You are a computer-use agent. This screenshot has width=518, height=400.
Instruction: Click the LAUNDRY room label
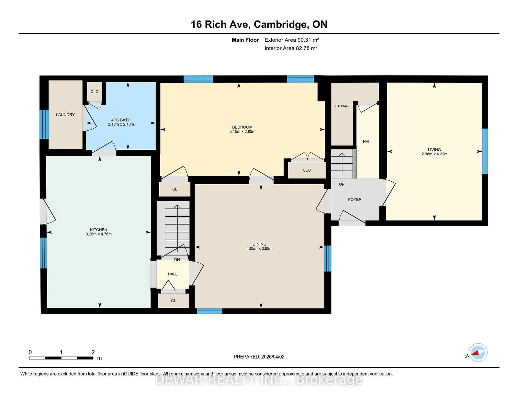pyautogui.click(x=65, y=114)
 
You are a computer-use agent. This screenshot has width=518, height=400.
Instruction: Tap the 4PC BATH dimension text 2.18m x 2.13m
pyautogui.click(x=121, y=124)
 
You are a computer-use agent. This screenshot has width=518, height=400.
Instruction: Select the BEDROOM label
pyautogui.click(x=242, y=127)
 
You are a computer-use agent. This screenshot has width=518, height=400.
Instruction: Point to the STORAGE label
pyautogui.click(x=343, y=106)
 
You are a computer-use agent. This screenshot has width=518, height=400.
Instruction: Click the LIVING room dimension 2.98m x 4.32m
pyautogui.click(x=434, y=154)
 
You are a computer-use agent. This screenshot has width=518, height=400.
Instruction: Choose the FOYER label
pyautogui.click(x=355, y=200)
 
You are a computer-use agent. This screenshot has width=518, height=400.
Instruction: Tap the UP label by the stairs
pyautogui.click(x=342, y=184)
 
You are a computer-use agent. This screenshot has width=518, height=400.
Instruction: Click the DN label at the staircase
pyautogui.click(x=177, y=260)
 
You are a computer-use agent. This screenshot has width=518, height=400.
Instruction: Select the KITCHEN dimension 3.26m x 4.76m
pyautogui.click(x=99, y=234)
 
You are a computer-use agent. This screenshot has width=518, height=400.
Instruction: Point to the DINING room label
pyautogui.click(x=259, y=244)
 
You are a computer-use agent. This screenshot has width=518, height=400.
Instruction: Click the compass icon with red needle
pyautogui.click(x=478, y=352)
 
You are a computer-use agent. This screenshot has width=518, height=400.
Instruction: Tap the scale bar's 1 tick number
pyautogui.click(x=61, y=352)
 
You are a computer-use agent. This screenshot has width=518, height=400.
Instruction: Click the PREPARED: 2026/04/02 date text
pyautogui.click(x=259, y=357)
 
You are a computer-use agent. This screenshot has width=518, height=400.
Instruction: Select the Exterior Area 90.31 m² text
pyautogui.click(x=292, y=40)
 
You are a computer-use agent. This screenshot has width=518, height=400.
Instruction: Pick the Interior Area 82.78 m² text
pyautogui.click(x=291, y=48)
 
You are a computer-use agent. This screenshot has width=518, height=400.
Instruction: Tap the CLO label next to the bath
pyautogui.click(x=95, y=92)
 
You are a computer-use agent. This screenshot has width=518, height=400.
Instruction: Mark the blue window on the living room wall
pyautogui.click(x=485, y=151)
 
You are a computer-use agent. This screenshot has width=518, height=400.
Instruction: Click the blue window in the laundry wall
pyautogui.click(x=44, y=124)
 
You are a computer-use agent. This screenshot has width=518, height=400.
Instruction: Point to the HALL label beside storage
pyautogui.click(x=367, y=142)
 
